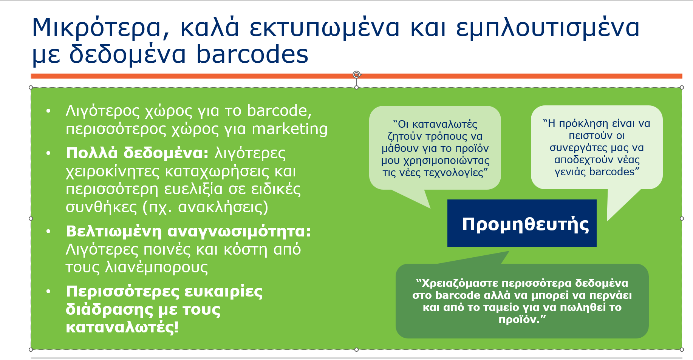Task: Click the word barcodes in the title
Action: point(252,54)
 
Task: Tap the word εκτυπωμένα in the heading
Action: point(325,28)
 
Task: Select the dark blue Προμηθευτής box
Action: point(522,223)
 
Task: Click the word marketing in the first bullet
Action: point(289,129)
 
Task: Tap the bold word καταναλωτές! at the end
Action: point(122,327)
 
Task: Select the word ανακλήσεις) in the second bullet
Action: point(223,207)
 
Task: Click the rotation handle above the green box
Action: point(357,74)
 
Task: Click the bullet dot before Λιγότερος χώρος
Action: point(48,111)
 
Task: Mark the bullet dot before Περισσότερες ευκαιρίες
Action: point(48,292)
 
